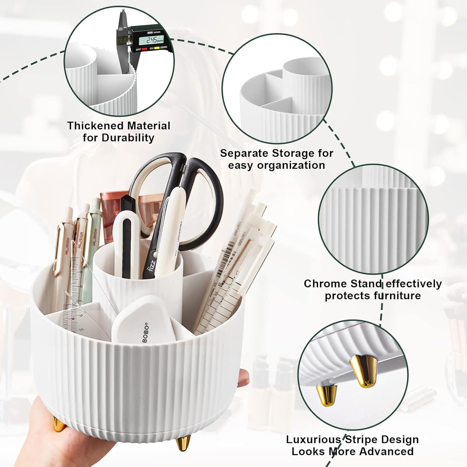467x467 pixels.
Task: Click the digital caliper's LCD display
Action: click(151, 40)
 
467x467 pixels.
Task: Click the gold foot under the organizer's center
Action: click(183, 442)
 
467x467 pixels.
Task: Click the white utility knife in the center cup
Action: click(126, 242)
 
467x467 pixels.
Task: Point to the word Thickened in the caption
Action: click(94, 126)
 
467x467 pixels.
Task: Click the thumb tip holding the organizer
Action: click(244, 377)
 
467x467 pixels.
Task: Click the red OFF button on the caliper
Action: click(144, 49)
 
